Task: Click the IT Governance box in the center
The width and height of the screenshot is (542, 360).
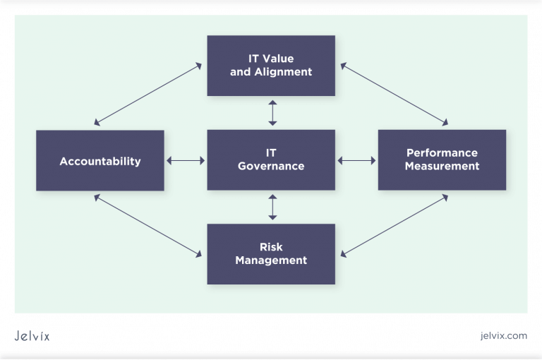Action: point(271,160)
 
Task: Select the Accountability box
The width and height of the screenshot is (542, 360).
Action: point(100,161)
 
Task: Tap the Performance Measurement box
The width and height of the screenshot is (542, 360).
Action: point(442,160)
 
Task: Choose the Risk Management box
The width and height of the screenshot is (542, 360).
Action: point(271,254)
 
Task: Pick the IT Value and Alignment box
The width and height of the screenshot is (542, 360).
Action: point(271,66)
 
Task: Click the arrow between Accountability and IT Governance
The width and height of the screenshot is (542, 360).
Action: point(186,161)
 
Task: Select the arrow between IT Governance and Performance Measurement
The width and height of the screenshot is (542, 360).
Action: point(356,161)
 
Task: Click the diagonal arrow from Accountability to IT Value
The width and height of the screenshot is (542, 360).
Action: point(147,94)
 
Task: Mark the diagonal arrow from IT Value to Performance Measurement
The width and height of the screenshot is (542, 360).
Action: point(394,94)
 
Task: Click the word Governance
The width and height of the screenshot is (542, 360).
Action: point(271,167)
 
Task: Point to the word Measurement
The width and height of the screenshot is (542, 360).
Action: point(442,167)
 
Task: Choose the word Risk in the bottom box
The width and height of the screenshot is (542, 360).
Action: point(271,248)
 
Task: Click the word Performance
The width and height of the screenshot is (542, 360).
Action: point(442,153)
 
